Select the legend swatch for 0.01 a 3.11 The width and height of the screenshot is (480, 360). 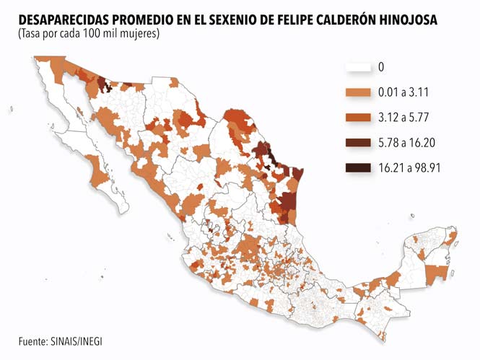click(x=359, y=92)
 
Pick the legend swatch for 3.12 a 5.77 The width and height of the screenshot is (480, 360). click(x=359, y=117)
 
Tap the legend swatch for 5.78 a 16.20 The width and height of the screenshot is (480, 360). click(x=359, y=142)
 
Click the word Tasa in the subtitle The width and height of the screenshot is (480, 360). click(x=30, y=34)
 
